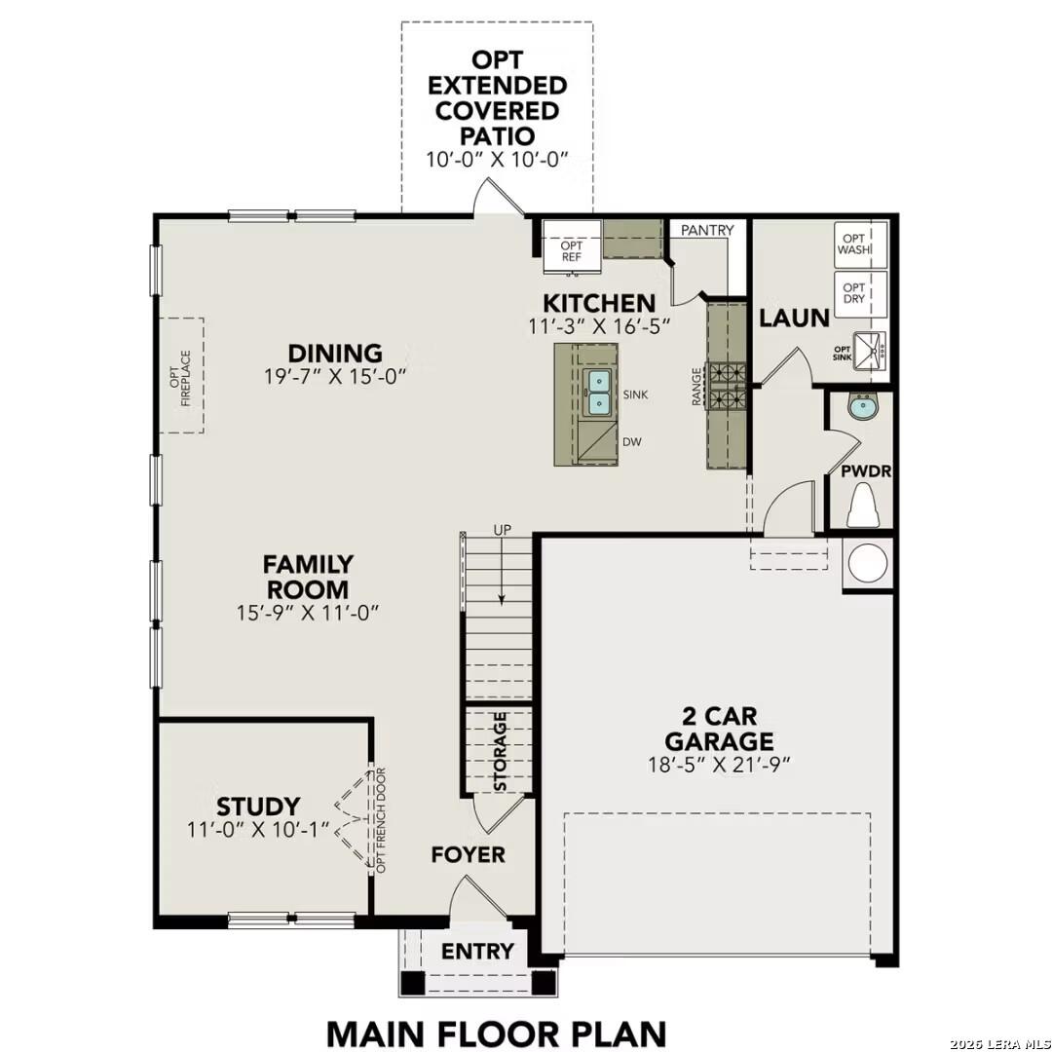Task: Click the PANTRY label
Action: pyautogui.click(x=708, y=231)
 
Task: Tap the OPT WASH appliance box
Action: pyautogui.click(x=861, y=244)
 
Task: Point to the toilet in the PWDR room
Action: pyautogui.click(x=861, y=505)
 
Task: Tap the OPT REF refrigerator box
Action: pyautogui.click(x=571, y=250)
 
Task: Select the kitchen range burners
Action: pyautogui.click(x=726, y=385)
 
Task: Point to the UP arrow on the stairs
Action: pyautogui.click(x=501, y=575)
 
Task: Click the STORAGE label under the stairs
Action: pyautogui.click(x=500, y=751)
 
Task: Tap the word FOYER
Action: pyautogui.click(x=469, y=855)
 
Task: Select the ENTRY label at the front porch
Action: pyautogui.click(x=477, y=952)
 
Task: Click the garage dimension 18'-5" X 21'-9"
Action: pyautogui.click(x=719, y=764)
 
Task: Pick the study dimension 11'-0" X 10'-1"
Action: pyautogui.click(x=258, y=830)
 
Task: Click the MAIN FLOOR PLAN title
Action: pyautogui.click(x=496, y=1033)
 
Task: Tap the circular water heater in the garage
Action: pyautogui.click(x=867, y=563)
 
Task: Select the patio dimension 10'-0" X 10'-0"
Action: pyautogui.click(x=497, y=159)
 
